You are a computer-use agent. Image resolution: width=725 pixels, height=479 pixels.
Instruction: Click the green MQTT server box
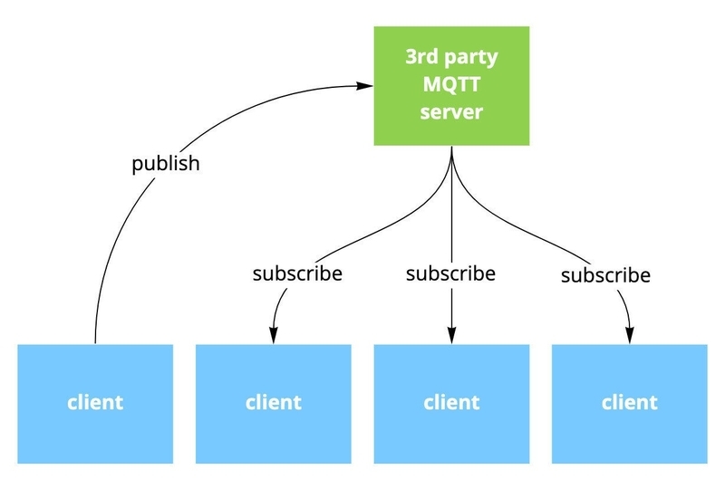tap(451, 86)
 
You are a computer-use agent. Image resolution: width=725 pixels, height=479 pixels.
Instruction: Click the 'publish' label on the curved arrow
tap(165, 165)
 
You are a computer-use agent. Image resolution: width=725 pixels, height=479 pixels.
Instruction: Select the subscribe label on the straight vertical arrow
tap(450, 273)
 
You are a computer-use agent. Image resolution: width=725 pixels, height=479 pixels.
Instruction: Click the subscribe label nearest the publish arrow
tap(297, 273)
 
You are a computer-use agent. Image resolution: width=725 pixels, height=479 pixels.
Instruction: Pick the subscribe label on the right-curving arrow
tap(605, 274)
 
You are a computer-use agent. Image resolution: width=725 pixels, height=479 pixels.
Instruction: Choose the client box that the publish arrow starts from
tap(95, 403)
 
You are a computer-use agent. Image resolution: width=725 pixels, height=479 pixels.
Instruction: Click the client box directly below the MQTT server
tap(451, 403)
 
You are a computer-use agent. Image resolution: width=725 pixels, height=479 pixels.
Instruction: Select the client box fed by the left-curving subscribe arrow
tap(274, 403)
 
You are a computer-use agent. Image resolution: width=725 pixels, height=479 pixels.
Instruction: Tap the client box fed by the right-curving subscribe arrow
tap(628, 403)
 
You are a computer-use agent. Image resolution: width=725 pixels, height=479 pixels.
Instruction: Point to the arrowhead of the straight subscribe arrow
tap(451, 336)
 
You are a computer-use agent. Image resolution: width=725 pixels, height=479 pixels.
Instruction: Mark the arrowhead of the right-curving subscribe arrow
tap(628, 336)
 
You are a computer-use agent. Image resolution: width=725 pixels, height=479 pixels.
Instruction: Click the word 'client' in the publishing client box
tap(95, 402)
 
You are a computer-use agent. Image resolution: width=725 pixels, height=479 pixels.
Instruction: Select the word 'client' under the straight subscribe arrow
tap(451, 402)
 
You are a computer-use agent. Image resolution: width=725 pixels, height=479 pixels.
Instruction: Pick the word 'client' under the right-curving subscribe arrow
tap(628, 402)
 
